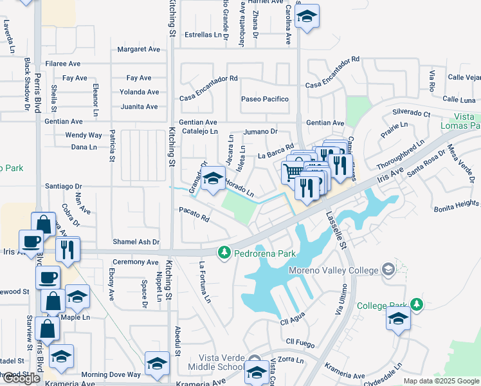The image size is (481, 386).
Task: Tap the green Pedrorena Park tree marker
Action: pyautogui.click(x=224, y=252)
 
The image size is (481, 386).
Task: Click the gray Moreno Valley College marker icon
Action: pyautogui.click(x=388, y=268)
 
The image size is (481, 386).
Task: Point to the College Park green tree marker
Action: pyautogui.click(x=417, y=304)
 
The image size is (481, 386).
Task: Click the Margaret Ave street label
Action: pyautogui.click(x=138, y=49)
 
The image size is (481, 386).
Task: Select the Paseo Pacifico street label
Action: pyautogui.click(x=264, y=99)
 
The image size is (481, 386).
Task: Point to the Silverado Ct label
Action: pyautogui.click(x=411, y=113)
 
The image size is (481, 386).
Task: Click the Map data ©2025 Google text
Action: pyautogui.click(x=440, y=381)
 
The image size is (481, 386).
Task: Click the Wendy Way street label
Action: pyautogui.click(x=84, y=135)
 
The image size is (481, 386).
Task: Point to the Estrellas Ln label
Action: pyautogui.click(x=203, y=35)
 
